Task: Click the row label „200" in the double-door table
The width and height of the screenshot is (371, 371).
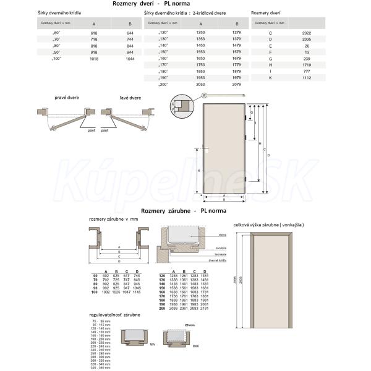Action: (164, 84)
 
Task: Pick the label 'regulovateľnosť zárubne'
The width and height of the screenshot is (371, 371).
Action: (114, 316)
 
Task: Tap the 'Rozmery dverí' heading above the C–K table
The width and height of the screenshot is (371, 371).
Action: (266, 12)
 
